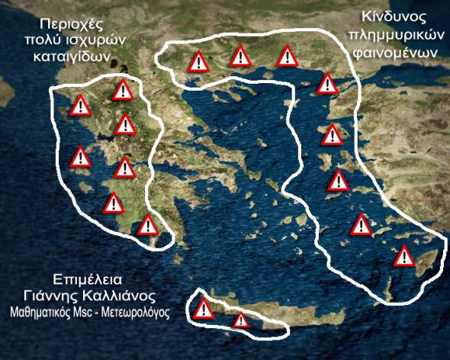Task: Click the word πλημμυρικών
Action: tap(392, 36)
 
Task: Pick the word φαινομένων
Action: tap(394, 54)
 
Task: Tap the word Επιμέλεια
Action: tap(88, 278)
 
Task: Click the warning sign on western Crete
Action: tap(204, 309)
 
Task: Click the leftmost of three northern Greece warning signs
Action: tap(198, 62)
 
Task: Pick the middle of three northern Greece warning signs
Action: tap(241, 55)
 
